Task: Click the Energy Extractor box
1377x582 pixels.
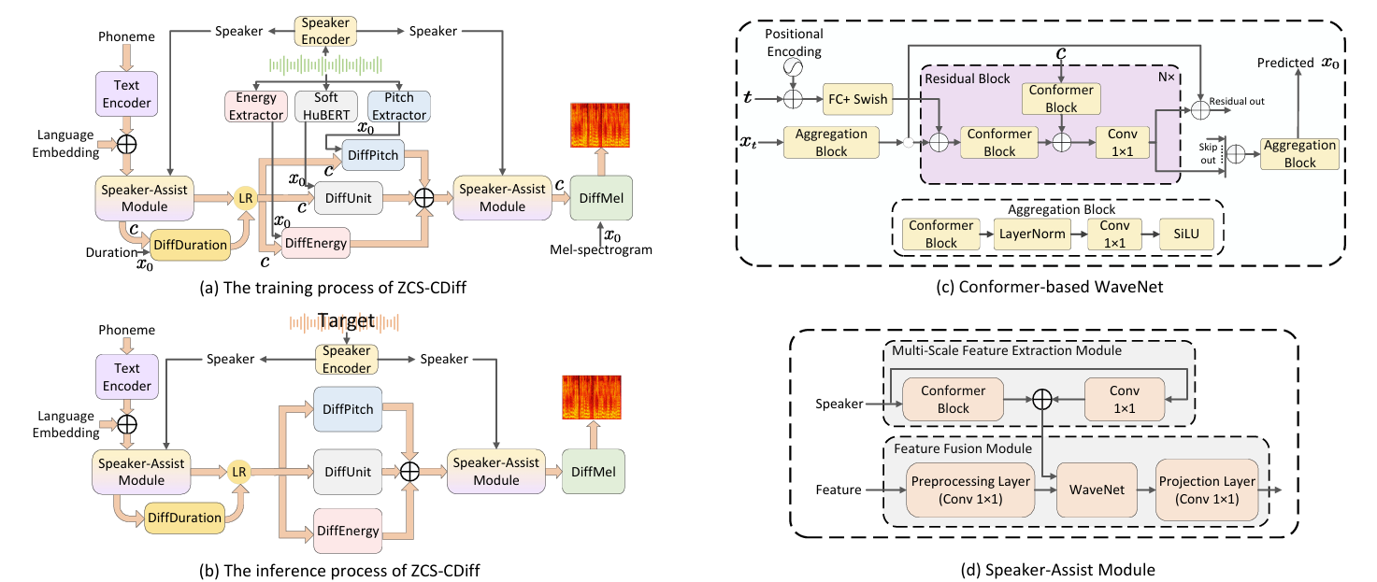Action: (x=256, y=106)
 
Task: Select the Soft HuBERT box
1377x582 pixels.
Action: (x=327, y=106)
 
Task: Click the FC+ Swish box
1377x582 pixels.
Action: (x=857, y=98)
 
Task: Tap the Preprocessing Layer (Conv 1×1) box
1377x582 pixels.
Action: (x=971, y=488)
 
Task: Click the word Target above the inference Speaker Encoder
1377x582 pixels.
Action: (x=346, y=321)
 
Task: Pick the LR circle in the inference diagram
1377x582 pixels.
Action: (x=240, y=472)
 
